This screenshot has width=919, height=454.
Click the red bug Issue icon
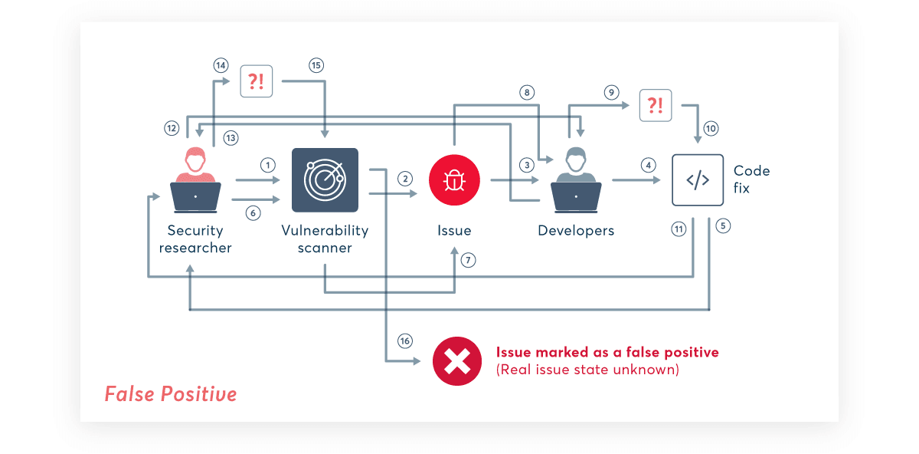454,180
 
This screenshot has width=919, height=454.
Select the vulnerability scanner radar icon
325,180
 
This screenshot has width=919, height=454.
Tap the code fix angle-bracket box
698,180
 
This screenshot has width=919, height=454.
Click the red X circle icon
457,360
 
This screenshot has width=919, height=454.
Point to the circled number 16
405,340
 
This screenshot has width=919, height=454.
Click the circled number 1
267,165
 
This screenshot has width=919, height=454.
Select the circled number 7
469,260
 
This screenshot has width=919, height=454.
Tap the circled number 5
724,226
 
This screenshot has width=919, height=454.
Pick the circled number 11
678,229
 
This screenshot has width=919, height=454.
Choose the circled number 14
221,65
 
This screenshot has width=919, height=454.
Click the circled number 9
610,92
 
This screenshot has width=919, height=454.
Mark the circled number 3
526,165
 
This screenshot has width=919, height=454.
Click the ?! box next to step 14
257,81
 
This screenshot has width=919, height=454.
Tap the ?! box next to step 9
656,105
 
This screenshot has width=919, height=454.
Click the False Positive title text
171,394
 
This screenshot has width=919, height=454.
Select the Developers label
576,230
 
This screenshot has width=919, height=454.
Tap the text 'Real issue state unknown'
587,370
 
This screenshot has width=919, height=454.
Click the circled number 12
171,127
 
